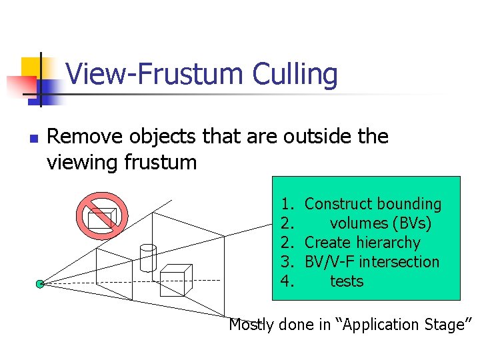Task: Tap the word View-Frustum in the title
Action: click(x=155, y=75)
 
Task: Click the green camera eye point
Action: click(x=40, y=284)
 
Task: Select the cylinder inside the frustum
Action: click(x=147, y=257)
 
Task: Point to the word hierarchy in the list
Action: click(x=389, y=243)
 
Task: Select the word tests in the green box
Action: click(x=347, y=281)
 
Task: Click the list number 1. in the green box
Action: click(x=287, y=204)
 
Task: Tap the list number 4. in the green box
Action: click(x=287, y=281)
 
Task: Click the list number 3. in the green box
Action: click(x=287, y=262)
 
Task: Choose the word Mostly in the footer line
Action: click(x=251, y=325)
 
